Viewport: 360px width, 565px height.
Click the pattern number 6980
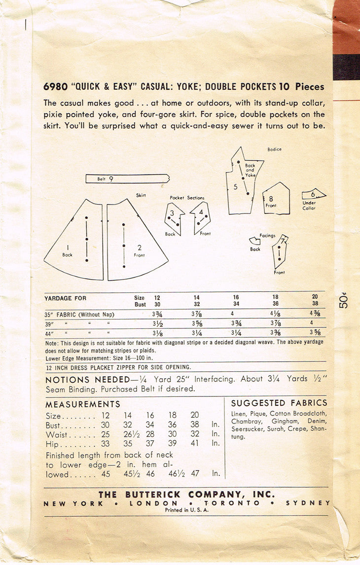(x=55, y=87)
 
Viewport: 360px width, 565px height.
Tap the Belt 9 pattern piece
(x=127, y=178)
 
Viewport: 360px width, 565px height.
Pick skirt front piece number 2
(x=136, y=242)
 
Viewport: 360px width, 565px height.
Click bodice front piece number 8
(x=275, y=198)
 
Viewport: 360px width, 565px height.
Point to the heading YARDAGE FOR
(x=66, y=298)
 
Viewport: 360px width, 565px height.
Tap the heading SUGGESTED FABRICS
(x=279, y=403)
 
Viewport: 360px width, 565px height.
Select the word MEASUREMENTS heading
(x=83, y=404)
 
